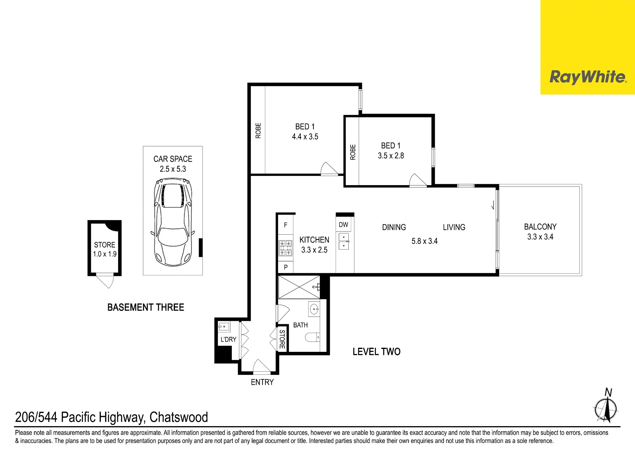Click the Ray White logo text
588,77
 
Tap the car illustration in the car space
173,222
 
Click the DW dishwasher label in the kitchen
344,225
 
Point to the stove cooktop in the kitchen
285,248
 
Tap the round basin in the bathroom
314,309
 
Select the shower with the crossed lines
299,287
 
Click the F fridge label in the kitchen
286,225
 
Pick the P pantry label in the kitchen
286,267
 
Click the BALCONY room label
540,227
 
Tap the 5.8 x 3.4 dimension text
424,241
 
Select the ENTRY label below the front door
262,382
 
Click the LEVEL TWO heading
377,352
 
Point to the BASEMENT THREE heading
146,307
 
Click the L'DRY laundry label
229,339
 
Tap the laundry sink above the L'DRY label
224,326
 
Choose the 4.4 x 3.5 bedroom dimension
305,137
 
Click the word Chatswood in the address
179,417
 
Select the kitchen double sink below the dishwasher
344,241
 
